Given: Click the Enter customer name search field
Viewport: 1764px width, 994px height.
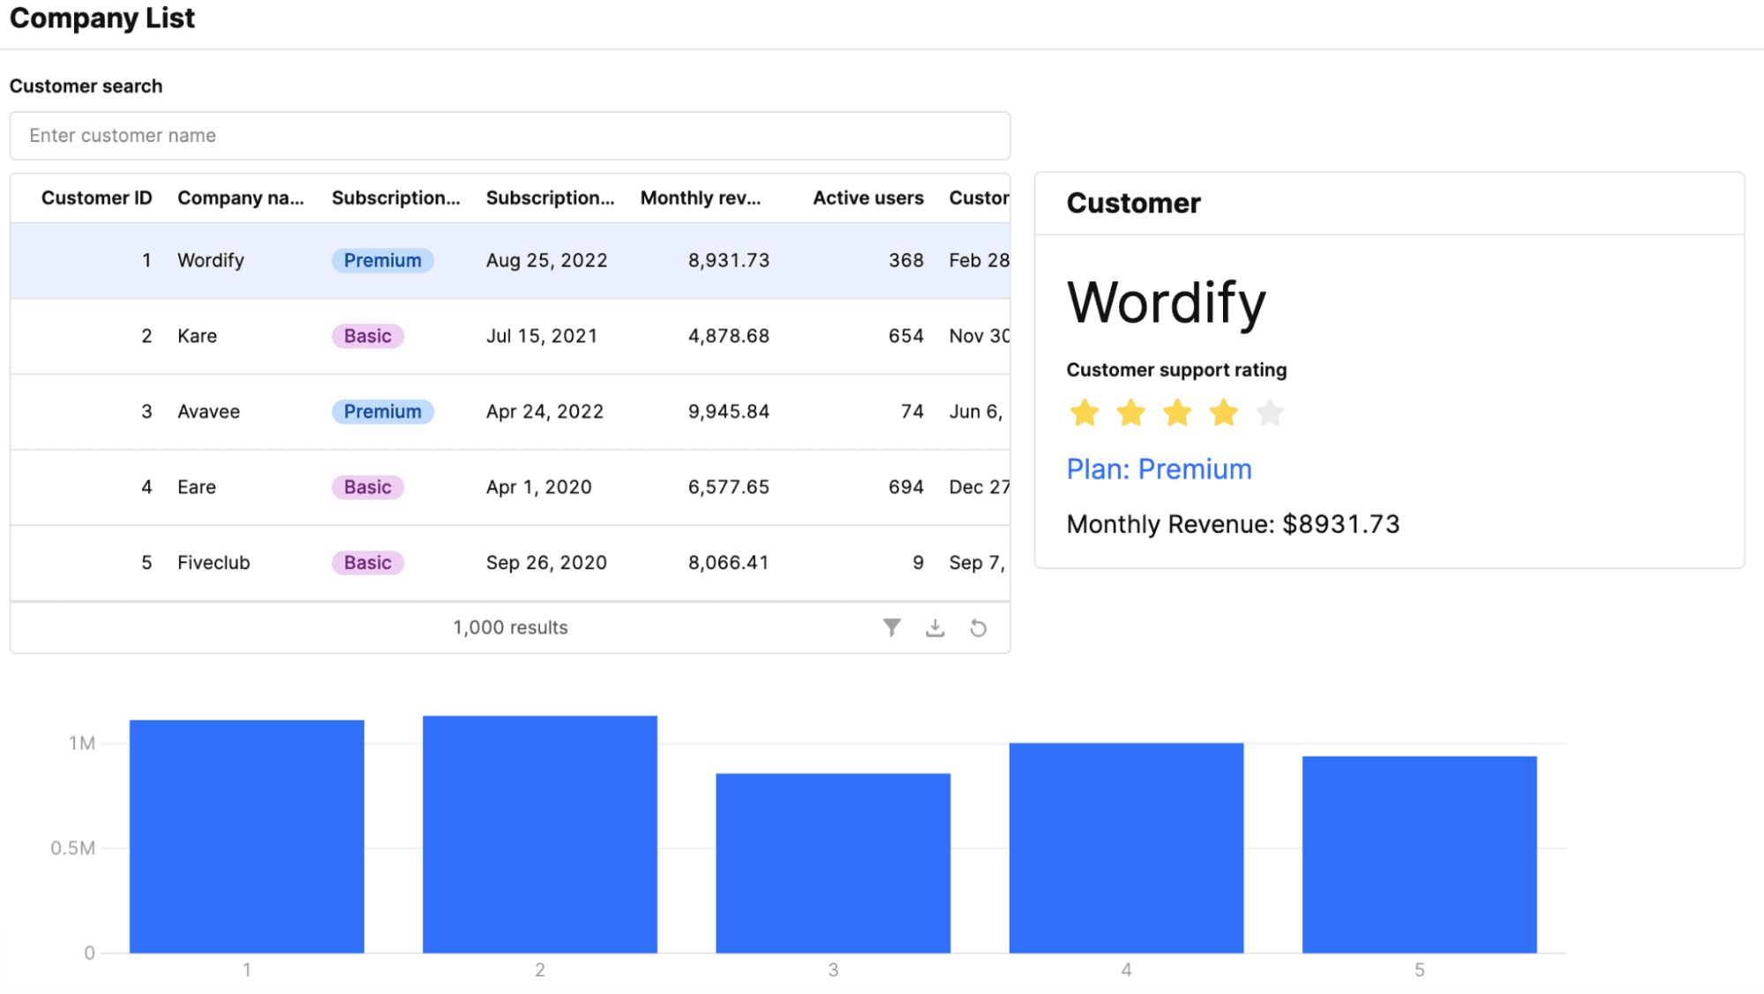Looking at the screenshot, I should (x=509, y=136).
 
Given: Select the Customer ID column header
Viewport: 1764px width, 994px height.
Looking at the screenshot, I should (x=96, y=198).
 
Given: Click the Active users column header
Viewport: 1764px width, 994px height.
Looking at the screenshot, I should (x=867, y=198).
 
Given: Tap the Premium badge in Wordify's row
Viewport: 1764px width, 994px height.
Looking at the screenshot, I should (x=382, y=260).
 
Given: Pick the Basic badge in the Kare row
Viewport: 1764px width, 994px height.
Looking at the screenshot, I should (x=367, y=336).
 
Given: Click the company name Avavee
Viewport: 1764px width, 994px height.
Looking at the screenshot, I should (x=208, y=412).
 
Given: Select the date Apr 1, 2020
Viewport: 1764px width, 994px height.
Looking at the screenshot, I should (x=538, y=487).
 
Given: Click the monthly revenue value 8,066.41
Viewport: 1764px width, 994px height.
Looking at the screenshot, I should (x=728, y=563).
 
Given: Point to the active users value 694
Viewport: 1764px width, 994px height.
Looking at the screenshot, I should (x=905, y=487).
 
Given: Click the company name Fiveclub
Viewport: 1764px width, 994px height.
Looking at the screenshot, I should (x=214, y=563).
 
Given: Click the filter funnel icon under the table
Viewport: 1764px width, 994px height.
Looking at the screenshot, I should (x=891, y=627).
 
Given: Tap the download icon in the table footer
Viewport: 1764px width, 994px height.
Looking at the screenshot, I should (x=935, y=627).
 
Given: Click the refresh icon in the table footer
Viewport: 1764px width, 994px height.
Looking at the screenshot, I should (x=978, y=627).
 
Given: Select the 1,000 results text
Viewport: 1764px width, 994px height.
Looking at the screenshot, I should (x=510, y=627).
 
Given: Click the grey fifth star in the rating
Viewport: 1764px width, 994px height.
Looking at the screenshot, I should (x=1269, y=412).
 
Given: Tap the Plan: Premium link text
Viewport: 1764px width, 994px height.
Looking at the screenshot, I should (x=1159, y=469).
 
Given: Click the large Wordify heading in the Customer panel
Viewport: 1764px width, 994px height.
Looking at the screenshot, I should (x=1166, y=303).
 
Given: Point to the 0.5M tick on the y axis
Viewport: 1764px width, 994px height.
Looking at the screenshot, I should (x=72, y=848).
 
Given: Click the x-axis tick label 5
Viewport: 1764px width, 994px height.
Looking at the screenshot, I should (x=1419, y=969).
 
